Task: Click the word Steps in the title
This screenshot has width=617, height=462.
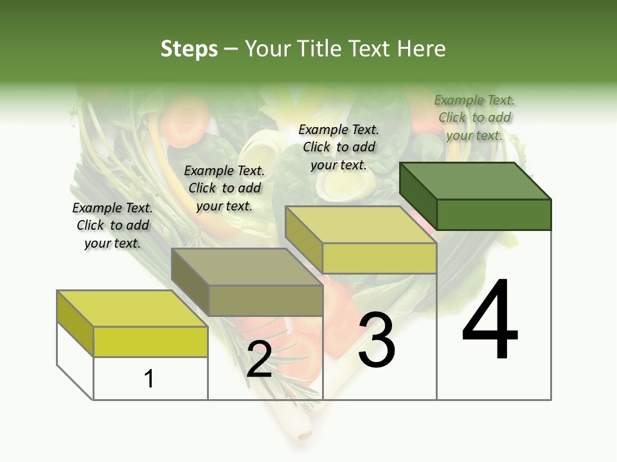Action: pos(189,49)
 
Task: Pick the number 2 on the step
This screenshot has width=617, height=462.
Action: pos(259,359)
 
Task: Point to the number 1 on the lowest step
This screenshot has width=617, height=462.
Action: pos(148,379)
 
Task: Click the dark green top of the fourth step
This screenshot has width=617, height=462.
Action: pos(476,180)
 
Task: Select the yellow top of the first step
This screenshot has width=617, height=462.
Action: pos(132,308)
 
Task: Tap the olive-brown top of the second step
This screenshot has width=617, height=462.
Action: pos(247,266)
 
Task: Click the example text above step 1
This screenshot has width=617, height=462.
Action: pos(112,225)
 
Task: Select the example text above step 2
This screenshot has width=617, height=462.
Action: pos(224,188)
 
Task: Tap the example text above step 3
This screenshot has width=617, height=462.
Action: pos(339,147)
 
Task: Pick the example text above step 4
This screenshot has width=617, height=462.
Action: pos(474,117)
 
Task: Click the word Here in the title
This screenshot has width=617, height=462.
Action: pos(422,49)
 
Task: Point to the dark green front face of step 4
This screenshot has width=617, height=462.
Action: pos(494,214)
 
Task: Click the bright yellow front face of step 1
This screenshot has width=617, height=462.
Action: pos(150,341)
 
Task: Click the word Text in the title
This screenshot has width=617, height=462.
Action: pos(371,49)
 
